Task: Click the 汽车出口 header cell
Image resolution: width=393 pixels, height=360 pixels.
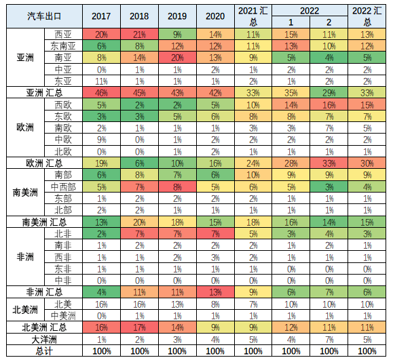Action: (43, 15)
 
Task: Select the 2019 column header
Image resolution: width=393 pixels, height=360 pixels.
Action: (176, 15)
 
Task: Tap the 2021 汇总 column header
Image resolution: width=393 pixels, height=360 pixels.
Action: (252, 15)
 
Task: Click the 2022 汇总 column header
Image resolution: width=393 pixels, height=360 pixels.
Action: (367, 15)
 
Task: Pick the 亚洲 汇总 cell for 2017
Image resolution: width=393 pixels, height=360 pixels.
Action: (101, 92)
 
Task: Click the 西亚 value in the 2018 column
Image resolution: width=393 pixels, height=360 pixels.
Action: (139, 34)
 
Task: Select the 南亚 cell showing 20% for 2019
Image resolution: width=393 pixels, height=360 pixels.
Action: (176, 58)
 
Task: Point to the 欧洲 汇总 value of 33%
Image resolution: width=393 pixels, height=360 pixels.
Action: (329, 163)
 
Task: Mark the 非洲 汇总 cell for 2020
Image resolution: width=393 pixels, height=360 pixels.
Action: (214, 292)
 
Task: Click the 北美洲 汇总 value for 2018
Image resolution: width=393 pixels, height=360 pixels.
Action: (139, 327)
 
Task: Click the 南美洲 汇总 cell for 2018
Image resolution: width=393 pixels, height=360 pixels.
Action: (139, 222)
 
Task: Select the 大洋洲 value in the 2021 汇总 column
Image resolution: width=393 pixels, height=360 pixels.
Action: (252, 339)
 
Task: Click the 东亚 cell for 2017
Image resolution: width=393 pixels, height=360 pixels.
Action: (101, 81)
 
